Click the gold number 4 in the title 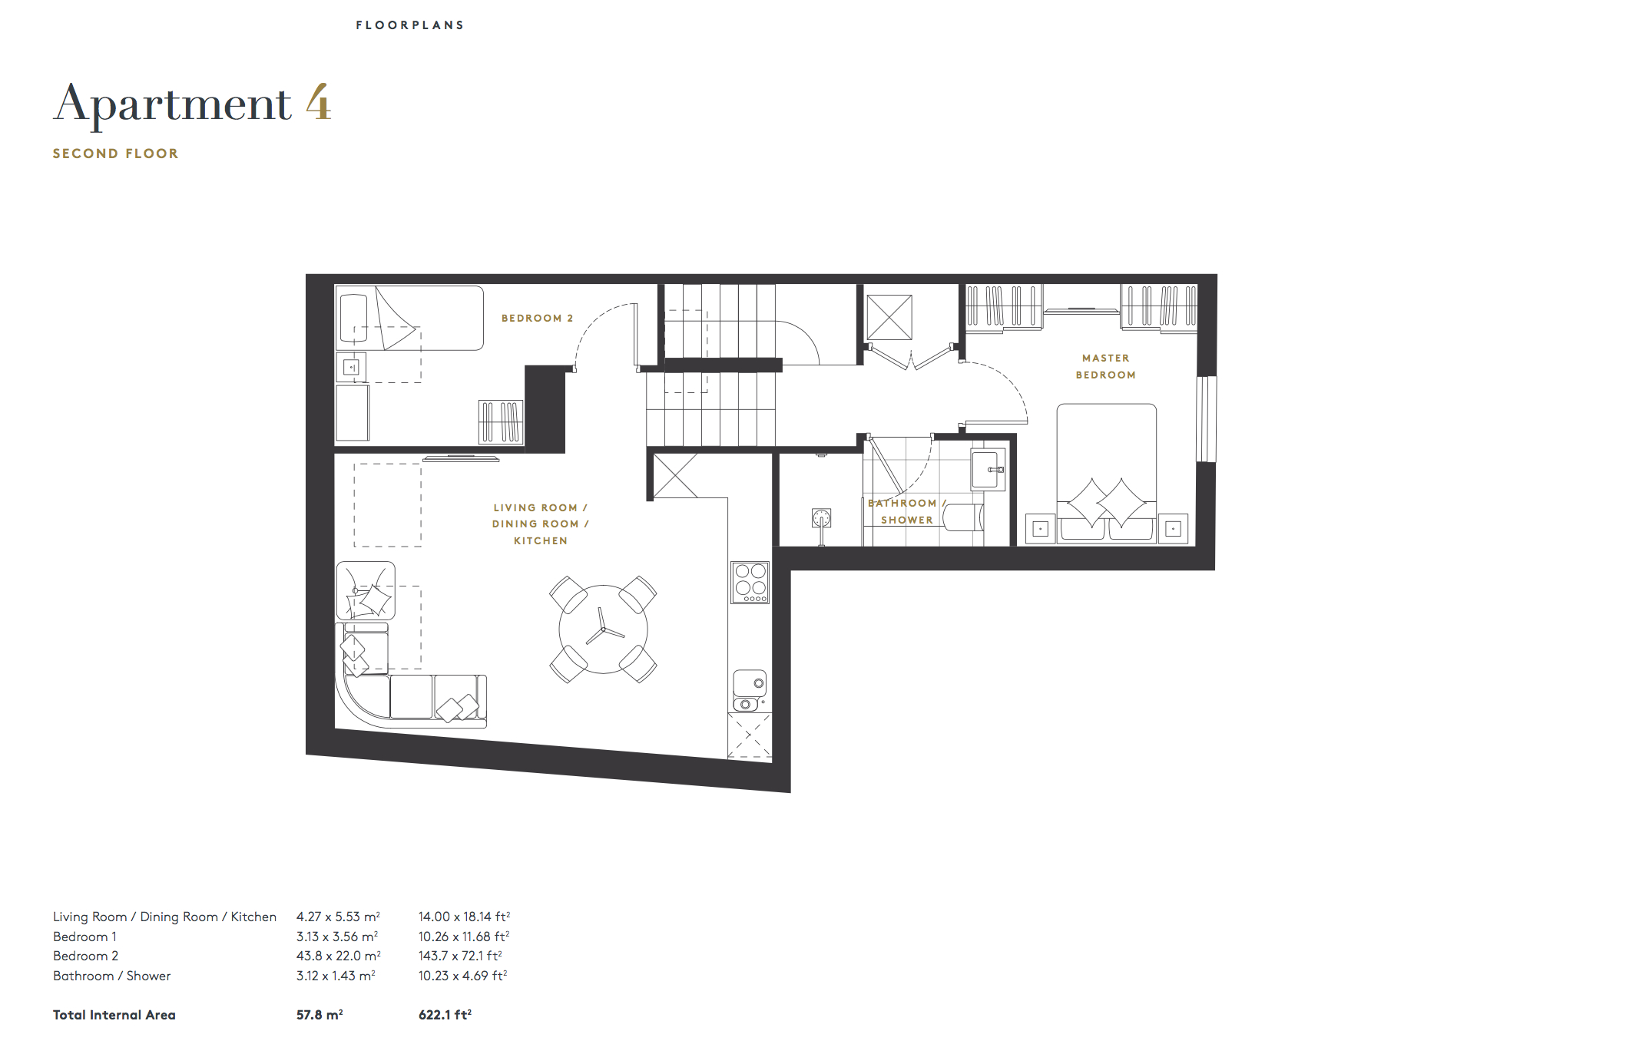318,103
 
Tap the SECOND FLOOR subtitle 115,154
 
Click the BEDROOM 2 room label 537,318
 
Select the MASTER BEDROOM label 1105,366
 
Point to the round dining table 603,629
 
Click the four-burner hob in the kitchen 750,582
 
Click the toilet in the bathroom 963,517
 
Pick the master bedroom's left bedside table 1041,529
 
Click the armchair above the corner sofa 366,590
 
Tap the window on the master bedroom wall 1206,418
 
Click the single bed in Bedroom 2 409,318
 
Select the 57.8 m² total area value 320,1015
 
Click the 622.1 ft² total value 445,1015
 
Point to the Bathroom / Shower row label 112,976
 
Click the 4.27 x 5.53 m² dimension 338,917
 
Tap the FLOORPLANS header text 410,25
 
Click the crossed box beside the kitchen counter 749,735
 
